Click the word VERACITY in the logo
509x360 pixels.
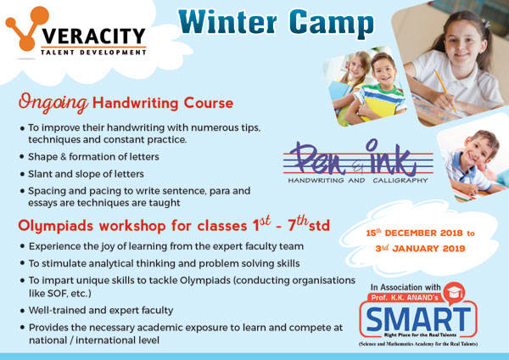pyautogui.click(x=93, y=36)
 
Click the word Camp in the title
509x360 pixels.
pyautogui.click(x=332, y=24)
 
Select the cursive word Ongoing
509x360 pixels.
pyautogui.click(x=53, y=103)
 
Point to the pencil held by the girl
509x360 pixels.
pyautogui.click(x=445, y=91)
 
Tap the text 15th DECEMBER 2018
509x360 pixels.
pyautogui.click(x=414, y=233)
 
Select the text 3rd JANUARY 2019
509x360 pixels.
pyautogui.click(x=420, y=249)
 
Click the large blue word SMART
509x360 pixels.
pyautogui.click(x=418, y=319)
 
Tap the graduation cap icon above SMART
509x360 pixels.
pyautogui.click(x=455, y=293)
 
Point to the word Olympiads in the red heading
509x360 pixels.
pyautogui.click(x=55, y=226)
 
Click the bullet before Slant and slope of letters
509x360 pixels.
pyautogui.click(x=22, y=174)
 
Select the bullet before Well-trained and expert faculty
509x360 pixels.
pyautogui.click(x=22, y=311)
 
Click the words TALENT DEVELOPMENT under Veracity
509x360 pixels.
pyautogui.click(x=93, y=53)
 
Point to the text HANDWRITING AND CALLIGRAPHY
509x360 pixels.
pyautogui.click(x=358, y=180)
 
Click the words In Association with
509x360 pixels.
pyautogui.click(x=406, y=287)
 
